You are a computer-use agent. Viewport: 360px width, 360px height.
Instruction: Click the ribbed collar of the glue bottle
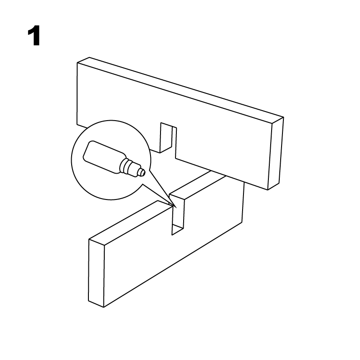(x=126, y=165)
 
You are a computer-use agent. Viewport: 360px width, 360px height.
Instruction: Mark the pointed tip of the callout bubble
(x=176, y=208)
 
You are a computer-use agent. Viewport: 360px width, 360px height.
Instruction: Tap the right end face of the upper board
(x=276, y=153)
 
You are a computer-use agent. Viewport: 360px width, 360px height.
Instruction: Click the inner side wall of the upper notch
(x=166, y=138)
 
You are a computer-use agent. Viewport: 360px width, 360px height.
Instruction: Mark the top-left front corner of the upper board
(x=77, y=63)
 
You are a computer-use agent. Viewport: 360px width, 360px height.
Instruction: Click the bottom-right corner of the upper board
(x=268, y=190)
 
